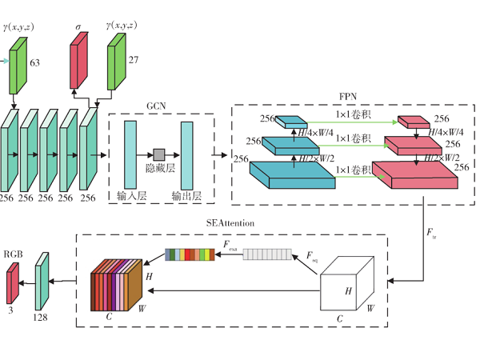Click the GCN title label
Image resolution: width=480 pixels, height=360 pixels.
[156, 105]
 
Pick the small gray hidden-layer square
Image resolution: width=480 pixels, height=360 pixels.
[159, 154]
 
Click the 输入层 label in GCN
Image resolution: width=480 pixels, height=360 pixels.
[130, 196]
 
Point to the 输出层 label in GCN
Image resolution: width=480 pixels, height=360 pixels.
[187, 196]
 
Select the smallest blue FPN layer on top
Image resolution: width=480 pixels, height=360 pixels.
[291, 122]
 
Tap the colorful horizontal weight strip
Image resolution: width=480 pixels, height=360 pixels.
[190, 254]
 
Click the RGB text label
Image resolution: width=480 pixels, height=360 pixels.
[14, 254]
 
